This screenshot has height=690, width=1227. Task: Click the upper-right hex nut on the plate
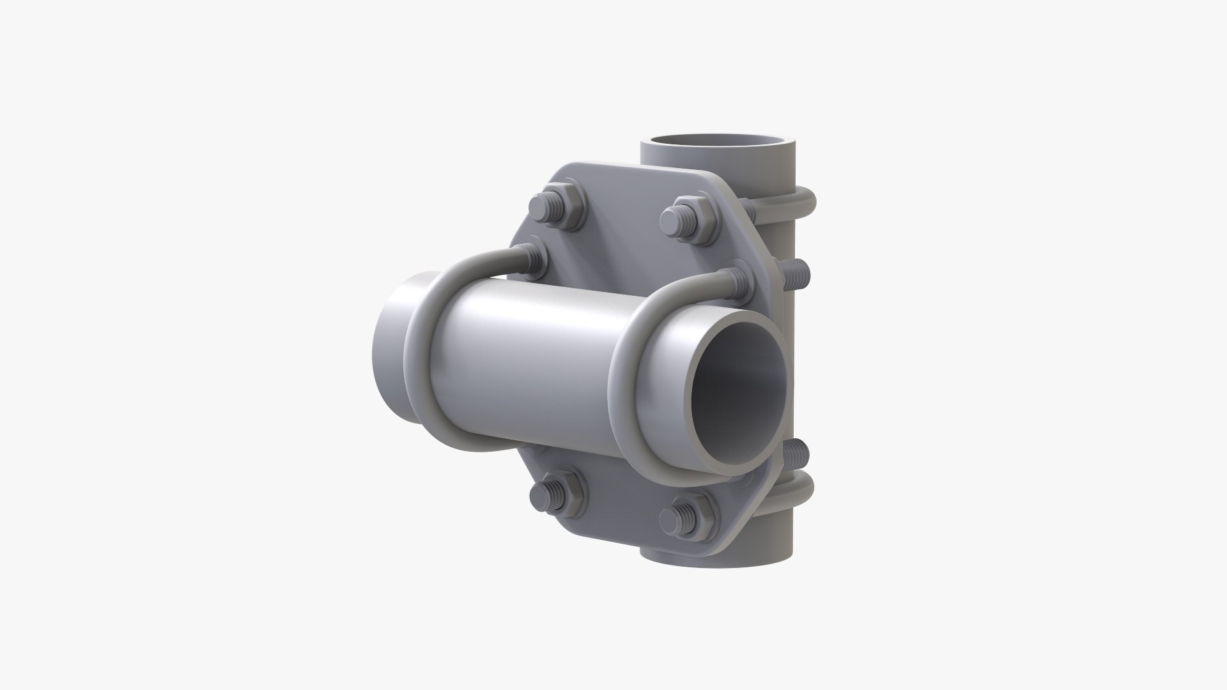tap(690, 218)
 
